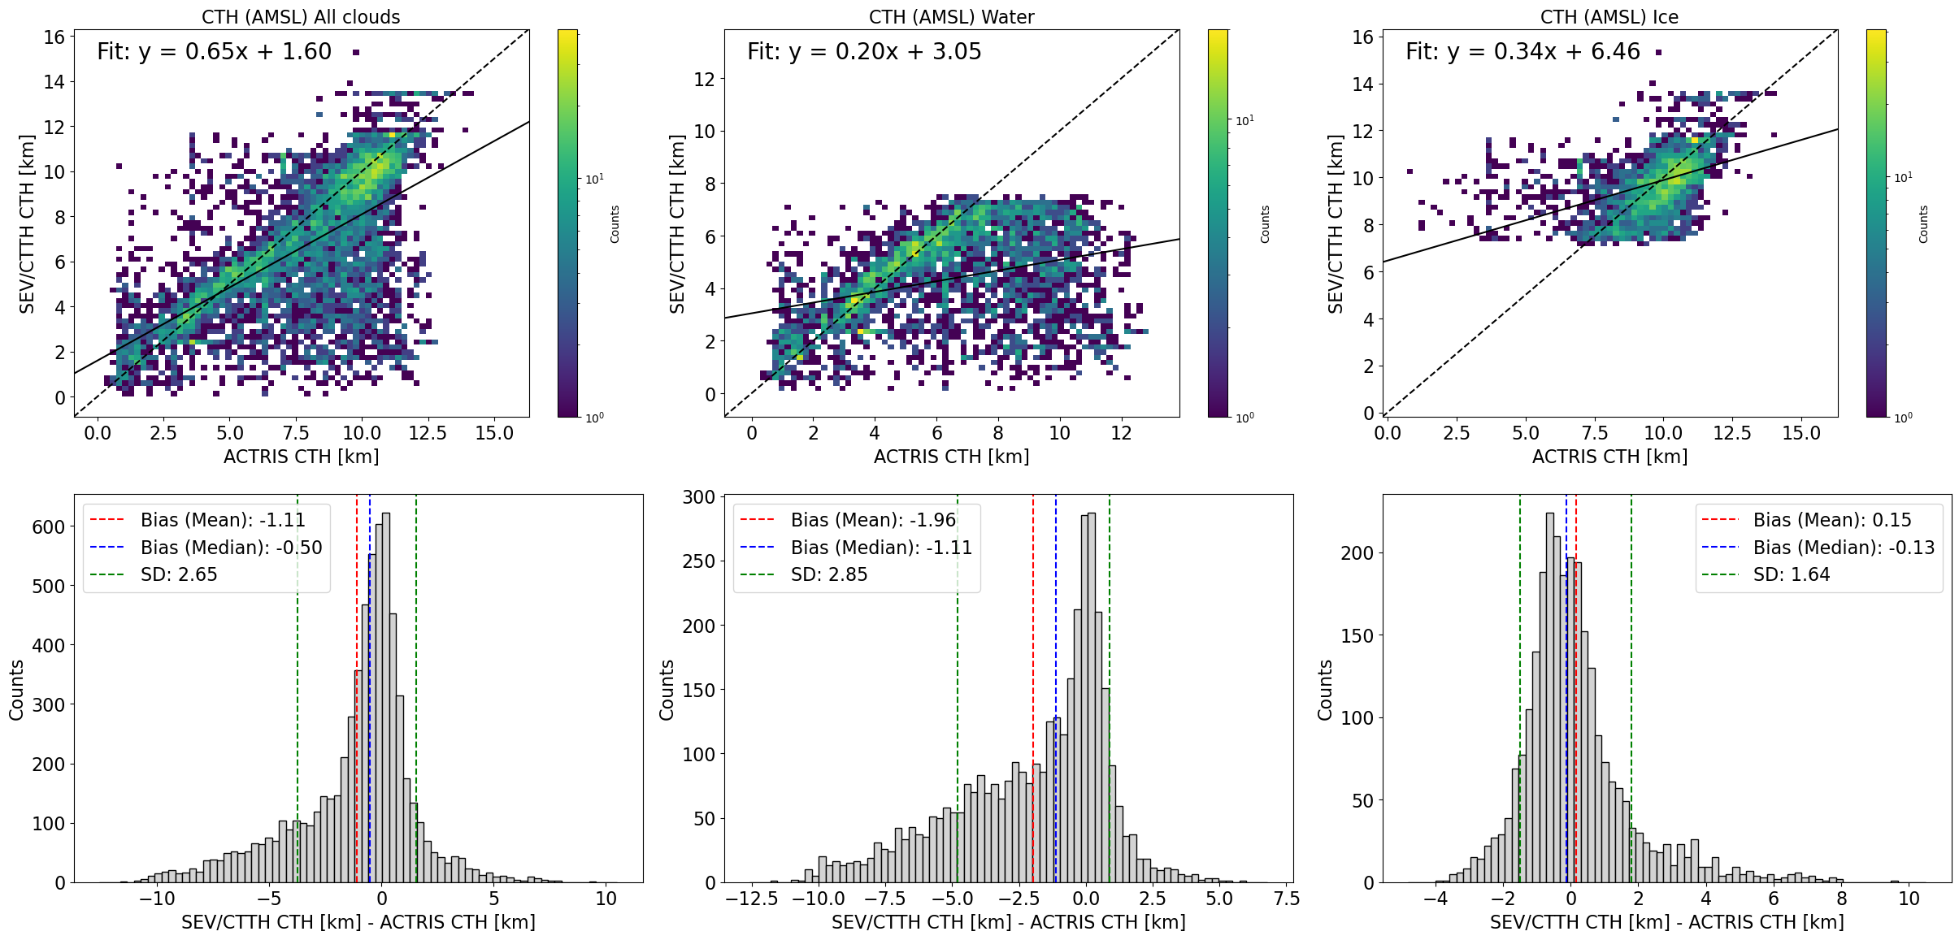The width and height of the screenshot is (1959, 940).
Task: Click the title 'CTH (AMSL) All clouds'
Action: coord(301,17)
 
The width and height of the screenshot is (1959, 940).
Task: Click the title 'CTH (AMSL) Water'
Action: coord(951,17)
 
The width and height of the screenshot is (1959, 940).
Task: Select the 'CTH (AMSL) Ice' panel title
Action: coord(1609,17)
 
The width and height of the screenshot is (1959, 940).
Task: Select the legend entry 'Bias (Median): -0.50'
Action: coord(231,548)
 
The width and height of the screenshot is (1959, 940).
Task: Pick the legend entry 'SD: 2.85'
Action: coord(829,574)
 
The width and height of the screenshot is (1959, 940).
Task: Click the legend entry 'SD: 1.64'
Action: coord(1792,574)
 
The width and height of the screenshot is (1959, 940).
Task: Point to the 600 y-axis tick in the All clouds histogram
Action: coord(48,526)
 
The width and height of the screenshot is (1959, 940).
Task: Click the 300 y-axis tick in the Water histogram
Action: coord(698,496)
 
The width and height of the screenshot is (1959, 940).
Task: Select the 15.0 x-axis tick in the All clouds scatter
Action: coord(494,433)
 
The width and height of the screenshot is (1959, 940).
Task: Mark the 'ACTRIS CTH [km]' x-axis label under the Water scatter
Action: coord(951,457)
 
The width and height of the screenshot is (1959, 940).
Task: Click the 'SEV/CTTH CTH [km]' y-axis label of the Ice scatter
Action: coord(1335,223)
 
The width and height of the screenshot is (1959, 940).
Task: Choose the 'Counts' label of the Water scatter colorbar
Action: coord(1265,223)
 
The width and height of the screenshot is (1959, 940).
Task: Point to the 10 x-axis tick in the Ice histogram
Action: coord(1909,899)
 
